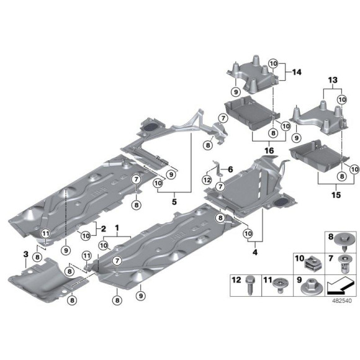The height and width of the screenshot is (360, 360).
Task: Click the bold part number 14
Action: [297, 73]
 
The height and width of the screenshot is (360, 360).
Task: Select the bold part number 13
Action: [333, 80]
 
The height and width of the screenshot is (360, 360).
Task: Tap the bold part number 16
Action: [269, 151]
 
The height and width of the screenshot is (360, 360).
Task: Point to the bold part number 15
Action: [336, 195]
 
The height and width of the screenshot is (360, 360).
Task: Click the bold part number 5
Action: [174, 202]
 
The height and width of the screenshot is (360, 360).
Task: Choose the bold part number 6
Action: [230, 169]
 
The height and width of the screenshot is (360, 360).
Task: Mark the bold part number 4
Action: [255, 252]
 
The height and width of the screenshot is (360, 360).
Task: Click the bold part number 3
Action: [26, 254]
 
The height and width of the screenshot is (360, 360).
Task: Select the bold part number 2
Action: [103, 228]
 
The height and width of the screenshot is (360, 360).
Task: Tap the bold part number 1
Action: [117, 228]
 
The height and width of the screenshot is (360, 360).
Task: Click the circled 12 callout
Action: [207, 180]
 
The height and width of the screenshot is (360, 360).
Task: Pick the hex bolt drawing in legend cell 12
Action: [250, 286]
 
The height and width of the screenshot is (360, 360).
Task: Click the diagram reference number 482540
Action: [341, 300]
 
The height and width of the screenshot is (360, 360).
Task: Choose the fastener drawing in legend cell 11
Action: [280, 286]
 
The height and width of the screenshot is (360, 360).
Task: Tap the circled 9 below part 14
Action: [236, 92]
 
